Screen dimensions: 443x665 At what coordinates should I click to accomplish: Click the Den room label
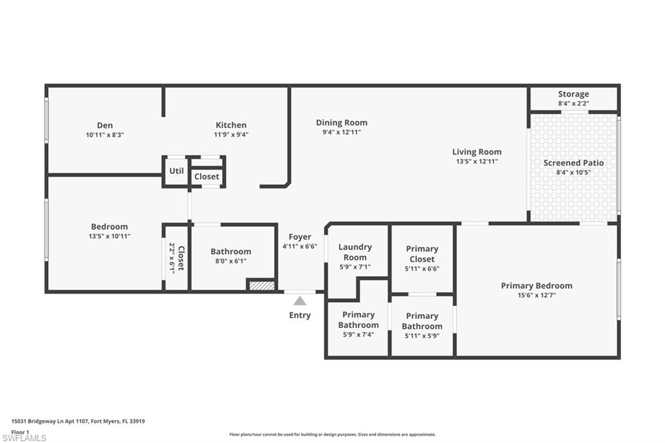[x=105, y=125]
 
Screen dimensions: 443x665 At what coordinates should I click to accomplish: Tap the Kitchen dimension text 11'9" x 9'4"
[x=231, y=135]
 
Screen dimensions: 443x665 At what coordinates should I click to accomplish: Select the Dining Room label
[x=342, y=122]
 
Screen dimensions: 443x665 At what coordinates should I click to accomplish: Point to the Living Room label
[x=477, y=152]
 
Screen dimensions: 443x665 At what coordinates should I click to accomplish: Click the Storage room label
[x=573, y=94]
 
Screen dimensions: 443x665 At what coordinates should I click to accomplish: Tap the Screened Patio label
[x=573, y=163]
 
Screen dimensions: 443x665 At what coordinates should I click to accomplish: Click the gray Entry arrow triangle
[x=299, y=301]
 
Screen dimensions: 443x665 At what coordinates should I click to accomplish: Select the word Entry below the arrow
[x=299, y=316]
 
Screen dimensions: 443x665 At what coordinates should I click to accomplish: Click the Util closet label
[x=176, y=171]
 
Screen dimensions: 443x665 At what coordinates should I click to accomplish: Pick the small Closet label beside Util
[x=207, y=177]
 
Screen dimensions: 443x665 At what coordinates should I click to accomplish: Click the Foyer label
[x=299, y=237]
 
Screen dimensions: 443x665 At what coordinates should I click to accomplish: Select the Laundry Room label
[x=355, y=252]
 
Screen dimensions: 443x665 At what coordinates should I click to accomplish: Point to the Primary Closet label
[x=422, y=254]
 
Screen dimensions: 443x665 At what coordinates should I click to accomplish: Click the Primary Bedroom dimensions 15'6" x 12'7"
[x=536, y=295]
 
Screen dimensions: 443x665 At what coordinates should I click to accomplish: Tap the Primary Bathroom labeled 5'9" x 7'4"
[x=358, y=320]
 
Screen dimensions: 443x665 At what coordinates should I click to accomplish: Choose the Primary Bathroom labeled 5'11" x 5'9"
[x=422, y=321]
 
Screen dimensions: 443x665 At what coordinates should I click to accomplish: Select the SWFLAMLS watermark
[x=24, y=438]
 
